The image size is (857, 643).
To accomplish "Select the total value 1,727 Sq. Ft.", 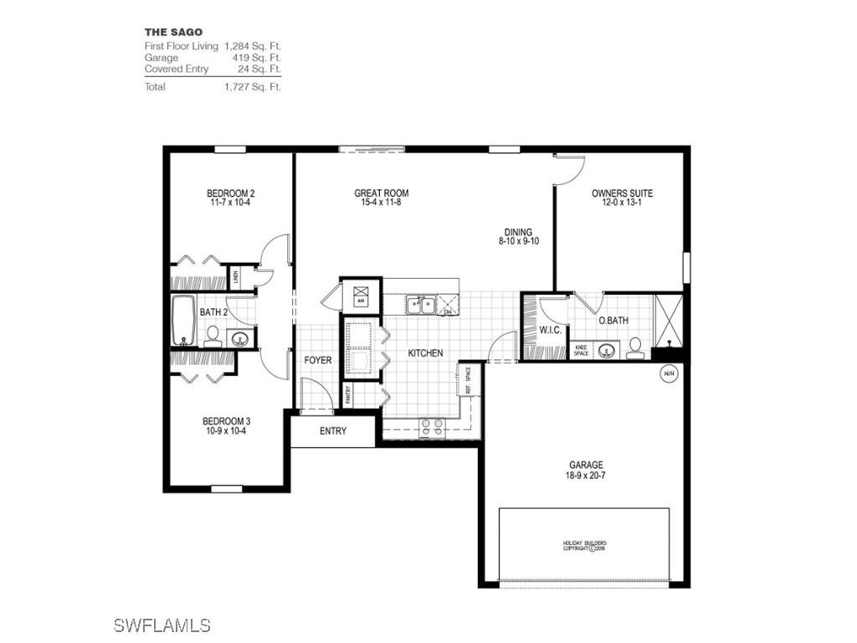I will [252, 87].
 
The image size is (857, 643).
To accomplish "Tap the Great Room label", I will [381, 193].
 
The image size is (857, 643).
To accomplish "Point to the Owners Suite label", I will [622, 193].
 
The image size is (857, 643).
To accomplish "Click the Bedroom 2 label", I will [230, 194].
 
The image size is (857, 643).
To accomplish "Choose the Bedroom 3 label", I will [226, 421].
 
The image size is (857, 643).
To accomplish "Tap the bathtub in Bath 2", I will [184, 319].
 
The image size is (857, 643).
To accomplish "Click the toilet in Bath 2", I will [212, 337].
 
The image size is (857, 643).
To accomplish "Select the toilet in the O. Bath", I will [635, 347].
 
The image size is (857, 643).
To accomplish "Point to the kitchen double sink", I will [420, 305].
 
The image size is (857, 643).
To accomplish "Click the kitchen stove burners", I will [432, 427].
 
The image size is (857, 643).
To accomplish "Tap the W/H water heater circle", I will [669, 373].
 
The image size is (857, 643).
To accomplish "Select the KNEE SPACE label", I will [582, 351].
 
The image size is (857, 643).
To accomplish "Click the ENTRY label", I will [332, 431].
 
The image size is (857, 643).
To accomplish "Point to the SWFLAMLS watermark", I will [161, 625].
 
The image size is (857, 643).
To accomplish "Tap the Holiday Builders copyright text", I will [583, 546].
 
